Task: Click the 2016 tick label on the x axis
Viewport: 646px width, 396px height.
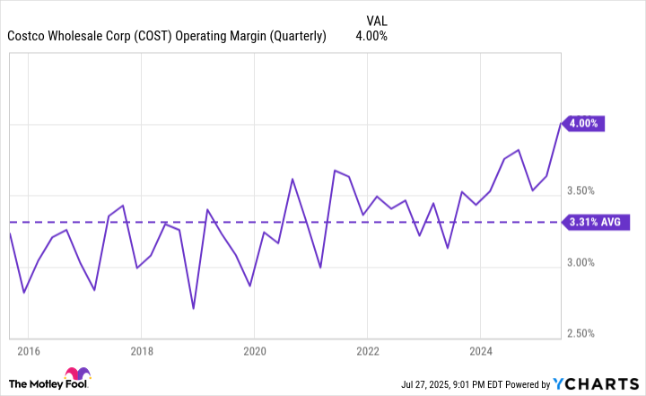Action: [28, 349]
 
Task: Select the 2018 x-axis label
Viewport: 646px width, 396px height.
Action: [141, 349]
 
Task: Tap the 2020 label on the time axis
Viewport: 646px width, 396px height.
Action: [254, 349]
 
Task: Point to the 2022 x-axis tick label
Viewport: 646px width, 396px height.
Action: [367, 349]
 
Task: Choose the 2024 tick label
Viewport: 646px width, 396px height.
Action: [480, 349]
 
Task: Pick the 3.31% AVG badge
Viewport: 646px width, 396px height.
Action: [593, 222]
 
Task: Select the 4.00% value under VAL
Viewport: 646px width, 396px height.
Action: [371, 37]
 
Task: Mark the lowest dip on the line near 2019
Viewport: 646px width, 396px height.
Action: [194, 308]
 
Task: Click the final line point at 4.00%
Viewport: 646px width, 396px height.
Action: [561, 124]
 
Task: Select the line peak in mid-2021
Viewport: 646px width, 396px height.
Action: [334, 170]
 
